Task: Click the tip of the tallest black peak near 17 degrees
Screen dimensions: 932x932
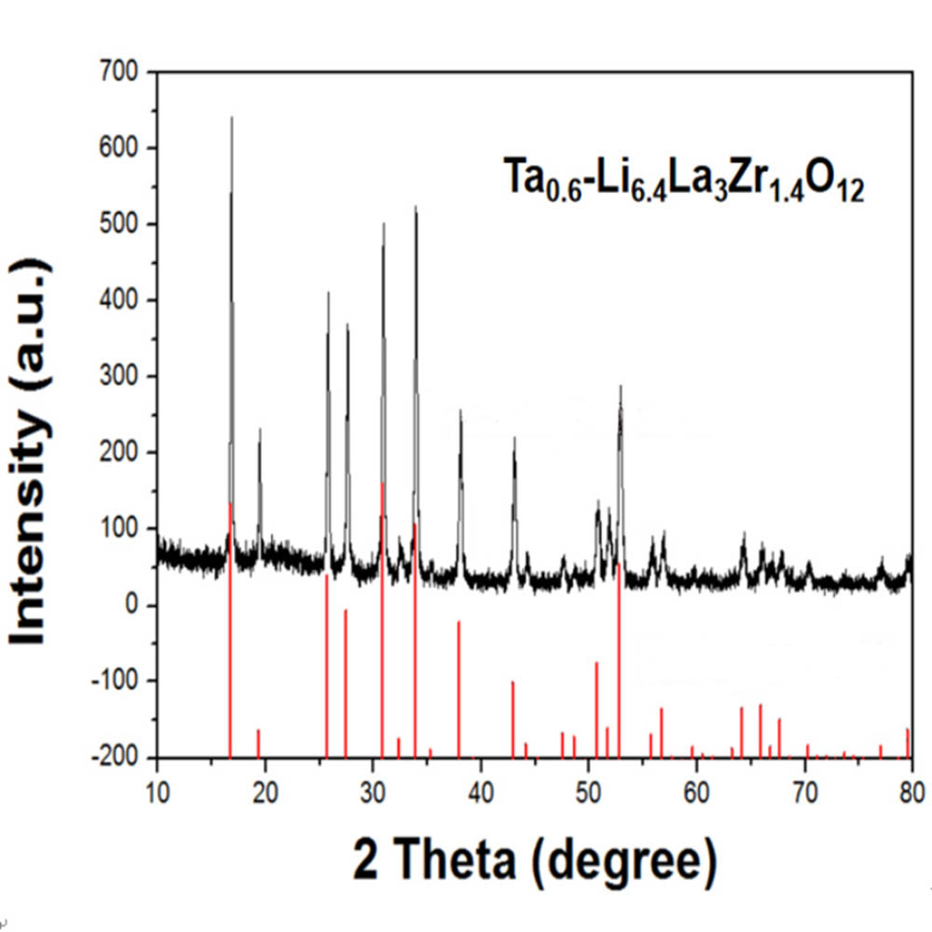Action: [231, 117]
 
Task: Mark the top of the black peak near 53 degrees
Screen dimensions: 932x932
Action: [620, 386]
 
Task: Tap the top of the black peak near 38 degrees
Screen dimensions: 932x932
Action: [460, 410]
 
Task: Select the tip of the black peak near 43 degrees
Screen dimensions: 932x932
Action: [514, 437]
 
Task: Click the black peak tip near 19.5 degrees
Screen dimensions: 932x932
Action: [260, 429]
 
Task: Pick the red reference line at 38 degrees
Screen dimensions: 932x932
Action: [459, 690]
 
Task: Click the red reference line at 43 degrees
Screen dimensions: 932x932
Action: [513, 718]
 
